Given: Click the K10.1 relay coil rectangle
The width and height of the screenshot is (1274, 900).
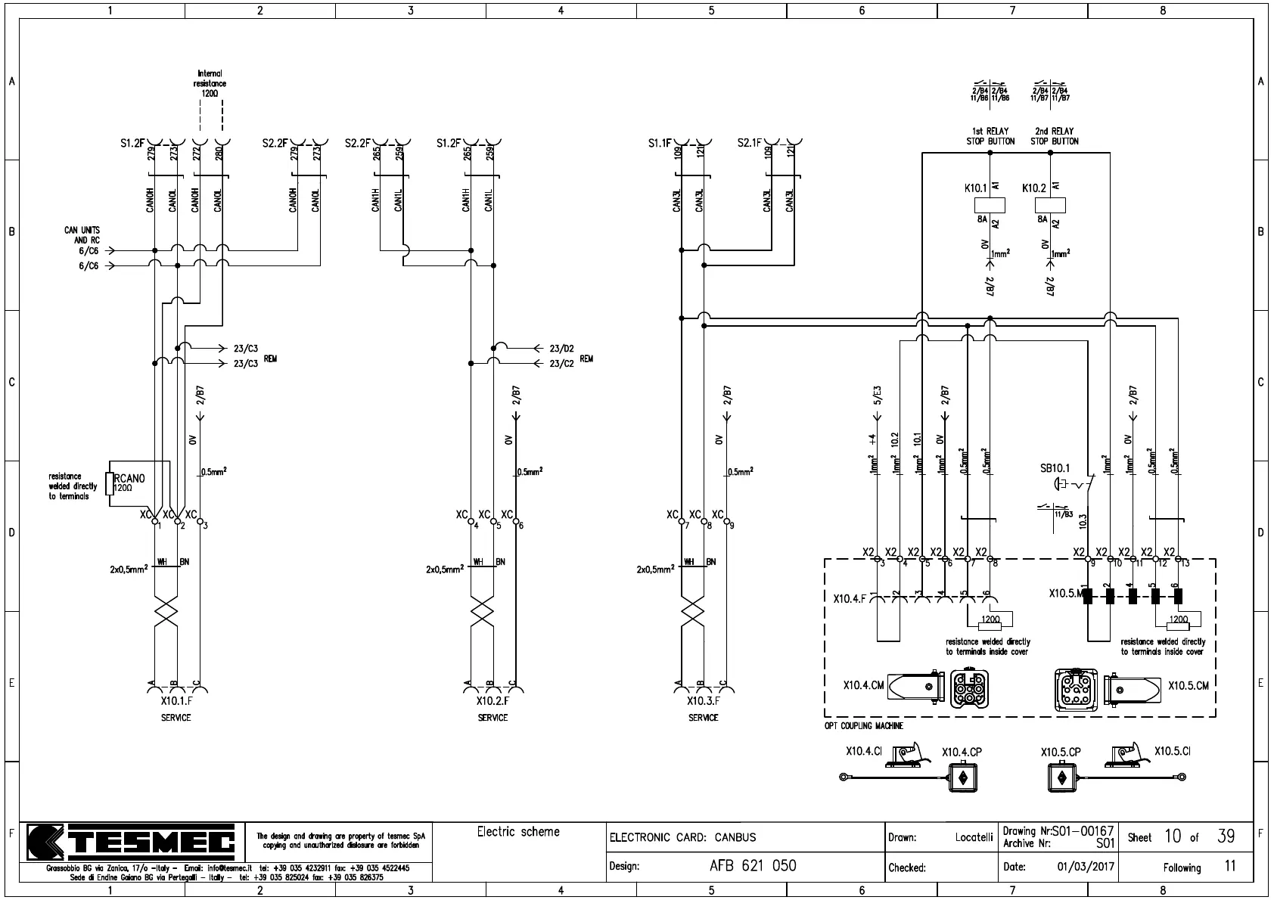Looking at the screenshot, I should coord(990,204).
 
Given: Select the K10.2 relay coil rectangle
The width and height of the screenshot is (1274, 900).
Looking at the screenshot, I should coord(1050,204).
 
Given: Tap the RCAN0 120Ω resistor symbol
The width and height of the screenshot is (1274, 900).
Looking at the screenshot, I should coord(110,483).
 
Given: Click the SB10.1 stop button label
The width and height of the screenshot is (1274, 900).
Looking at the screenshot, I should coord(1055,469).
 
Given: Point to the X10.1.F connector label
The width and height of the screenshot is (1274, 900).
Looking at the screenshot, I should coord(176,701).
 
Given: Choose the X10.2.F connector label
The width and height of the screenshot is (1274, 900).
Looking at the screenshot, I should coord(492,701).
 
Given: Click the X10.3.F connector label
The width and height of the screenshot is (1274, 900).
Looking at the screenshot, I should coord(703,701).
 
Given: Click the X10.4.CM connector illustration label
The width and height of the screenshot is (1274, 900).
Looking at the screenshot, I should coord(863,685).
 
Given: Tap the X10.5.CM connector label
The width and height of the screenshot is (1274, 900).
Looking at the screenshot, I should coord(1188,685).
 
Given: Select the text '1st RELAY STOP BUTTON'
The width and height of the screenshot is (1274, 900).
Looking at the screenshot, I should coord(990,136).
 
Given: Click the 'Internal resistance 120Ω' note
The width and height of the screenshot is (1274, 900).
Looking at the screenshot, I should coord(209,83).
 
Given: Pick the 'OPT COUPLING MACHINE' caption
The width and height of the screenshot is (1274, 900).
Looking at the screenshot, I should coord(863,726).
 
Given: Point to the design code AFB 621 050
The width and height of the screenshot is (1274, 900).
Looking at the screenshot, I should coord(752,866).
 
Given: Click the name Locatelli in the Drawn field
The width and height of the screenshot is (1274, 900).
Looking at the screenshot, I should coord(974,837).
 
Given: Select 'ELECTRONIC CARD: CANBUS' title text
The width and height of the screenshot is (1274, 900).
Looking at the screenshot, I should coord(682,837).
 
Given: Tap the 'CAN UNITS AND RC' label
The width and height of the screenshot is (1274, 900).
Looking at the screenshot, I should coord(82,234).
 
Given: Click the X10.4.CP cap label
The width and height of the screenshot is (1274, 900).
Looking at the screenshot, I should coord(962,753).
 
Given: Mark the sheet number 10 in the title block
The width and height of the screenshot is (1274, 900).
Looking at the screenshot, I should coord(1173,836).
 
